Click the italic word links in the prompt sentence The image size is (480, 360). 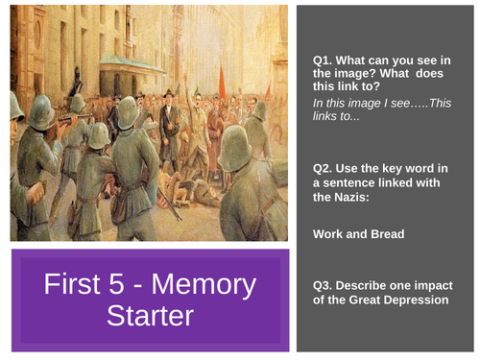(327, 104)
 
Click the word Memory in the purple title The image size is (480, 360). (213, 285)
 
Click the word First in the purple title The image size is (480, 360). (84, 285)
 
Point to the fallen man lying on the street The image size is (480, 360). (197, 191)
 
